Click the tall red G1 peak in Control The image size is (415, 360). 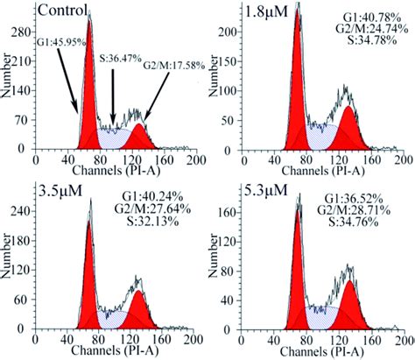tap(88, 105)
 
